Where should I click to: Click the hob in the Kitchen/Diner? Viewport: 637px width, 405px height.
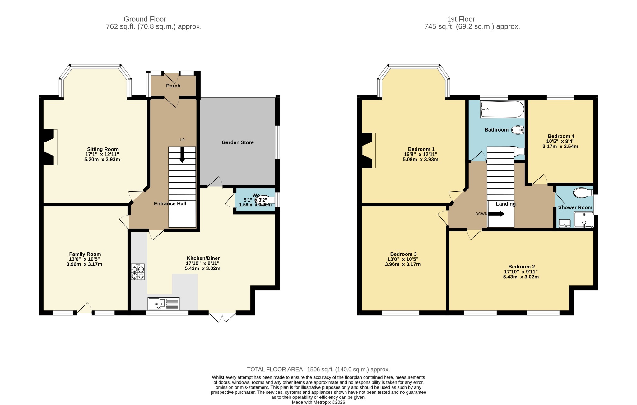tap(137, 272)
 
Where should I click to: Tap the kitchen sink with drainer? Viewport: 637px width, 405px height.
tap(164, 304)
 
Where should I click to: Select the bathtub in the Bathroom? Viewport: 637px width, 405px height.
tap(502, 109)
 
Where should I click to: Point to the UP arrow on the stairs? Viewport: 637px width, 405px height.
tap(182, 154)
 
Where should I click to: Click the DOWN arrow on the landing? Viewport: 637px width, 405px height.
tap(496, 214)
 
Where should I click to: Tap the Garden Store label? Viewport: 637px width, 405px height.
tap(238, 142)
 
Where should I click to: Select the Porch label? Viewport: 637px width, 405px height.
tap(173, 86)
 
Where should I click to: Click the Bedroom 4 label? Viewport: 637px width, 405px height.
tap(561, 136)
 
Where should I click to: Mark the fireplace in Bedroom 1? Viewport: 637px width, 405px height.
tap(369, 150)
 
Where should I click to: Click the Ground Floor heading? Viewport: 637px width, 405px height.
tap(145, 19)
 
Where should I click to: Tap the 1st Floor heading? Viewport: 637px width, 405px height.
tap(461, 19)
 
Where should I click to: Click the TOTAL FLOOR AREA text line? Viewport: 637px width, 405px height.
tap(318, 370)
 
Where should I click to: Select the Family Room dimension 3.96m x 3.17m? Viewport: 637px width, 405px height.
tap(84, 264)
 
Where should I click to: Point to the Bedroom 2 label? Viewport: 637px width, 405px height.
tap(522, 267)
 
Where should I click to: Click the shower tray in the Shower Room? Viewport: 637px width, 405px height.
tap(584, 220)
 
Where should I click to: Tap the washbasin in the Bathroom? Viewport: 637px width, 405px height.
tap(518, 130)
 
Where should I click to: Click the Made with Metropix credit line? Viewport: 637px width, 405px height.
tap(318, 402)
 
